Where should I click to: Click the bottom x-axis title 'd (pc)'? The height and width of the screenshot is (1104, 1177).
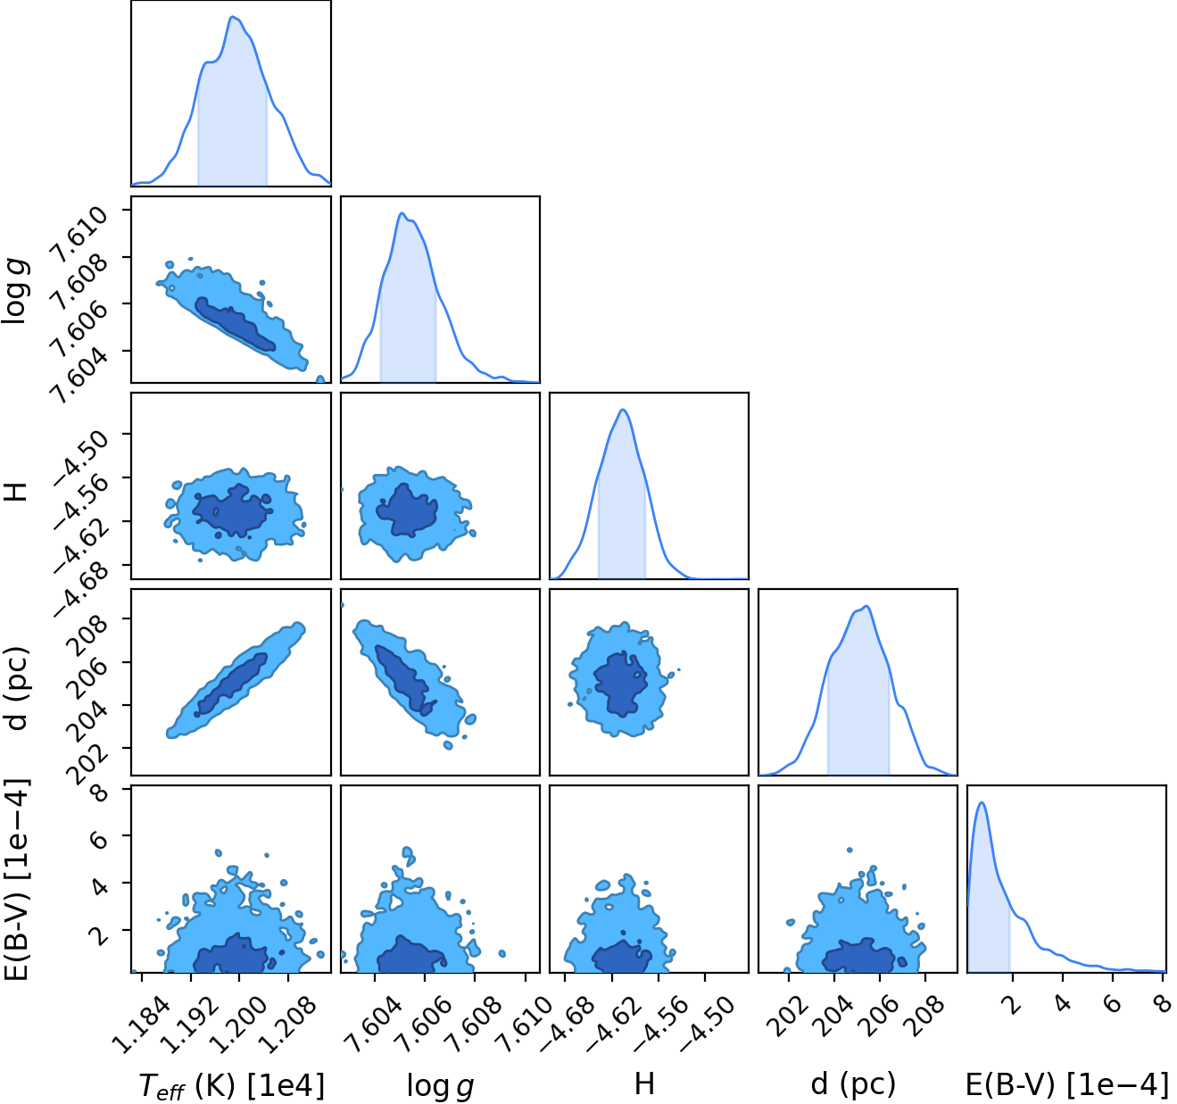[x=853, y=1083]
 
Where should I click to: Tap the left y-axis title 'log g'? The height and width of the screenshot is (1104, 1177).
[x=14, y=292]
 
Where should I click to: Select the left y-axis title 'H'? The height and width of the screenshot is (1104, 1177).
[x=15, y=492]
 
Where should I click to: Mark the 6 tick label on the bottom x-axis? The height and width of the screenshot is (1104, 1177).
[x=1114, y=1005]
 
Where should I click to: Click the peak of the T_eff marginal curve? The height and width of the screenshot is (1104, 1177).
[x=232, y=17]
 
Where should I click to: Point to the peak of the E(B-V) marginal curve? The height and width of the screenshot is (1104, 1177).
[x=982, y=803]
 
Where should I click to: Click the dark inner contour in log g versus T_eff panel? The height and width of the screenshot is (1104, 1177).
[x=235, y=324]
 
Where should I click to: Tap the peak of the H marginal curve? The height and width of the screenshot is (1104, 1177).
[x=622, y=410]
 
